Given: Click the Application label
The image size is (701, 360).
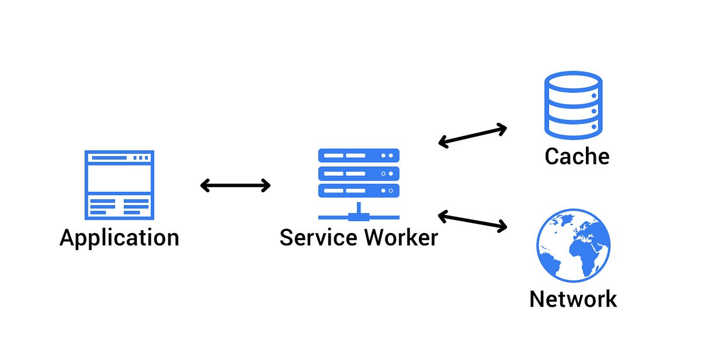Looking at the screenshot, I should coord(119,238).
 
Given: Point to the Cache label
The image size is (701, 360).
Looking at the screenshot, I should coord(577,156).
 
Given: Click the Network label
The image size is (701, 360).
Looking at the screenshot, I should coord(572,299).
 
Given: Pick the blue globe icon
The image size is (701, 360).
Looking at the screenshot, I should coord(573,246).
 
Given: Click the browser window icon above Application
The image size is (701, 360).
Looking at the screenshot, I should coord(119,184).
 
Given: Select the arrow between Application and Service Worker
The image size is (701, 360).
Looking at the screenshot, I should coord(235,186).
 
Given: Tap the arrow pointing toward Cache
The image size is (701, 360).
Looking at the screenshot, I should coord(472,135).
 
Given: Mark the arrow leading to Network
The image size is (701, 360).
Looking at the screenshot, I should coord(472,221).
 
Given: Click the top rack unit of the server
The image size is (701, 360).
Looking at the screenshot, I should coord(359,155).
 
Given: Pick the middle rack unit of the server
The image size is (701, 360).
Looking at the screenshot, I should coord(359,173).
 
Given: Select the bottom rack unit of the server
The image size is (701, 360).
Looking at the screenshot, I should coord(359,191).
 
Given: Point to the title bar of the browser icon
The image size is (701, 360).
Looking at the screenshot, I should coord(119,157).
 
